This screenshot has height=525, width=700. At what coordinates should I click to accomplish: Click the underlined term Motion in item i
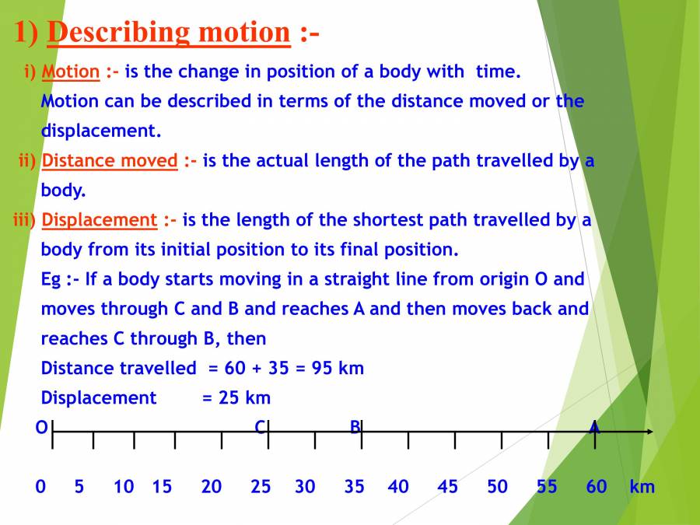[71, 72]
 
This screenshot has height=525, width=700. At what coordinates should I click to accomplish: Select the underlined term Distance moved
[110, 161]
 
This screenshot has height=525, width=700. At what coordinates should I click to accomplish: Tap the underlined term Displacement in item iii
[99, 220]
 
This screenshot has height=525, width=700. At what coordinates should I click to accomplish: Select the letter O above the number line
[41, 427]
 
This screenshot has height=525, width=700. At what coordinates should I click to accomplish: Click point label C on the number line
[261, 427]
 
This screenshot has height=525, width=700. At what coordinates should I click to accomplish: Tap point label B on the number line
[355, 427]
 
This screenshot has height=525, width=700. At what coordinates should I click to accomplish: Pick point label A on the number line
[594, 427]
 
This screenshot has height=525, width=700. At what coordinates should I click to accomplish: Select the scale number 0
[40, 487]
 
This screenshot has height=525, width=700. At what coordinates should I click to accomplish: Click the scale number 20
[211, 487]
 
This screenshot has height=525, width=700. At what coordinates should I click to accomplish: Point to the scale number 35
[354, 487]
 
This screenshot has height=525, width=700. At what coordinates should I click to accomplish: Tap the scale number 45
[447, 487]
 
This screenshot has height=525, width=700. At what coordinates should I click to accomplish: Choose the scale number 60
[596, 487]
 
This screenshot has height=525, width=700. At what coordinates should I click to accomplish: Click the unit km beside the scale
[642, 487]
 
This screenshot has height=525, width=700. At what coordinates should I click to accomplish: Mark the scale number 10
[124, 487]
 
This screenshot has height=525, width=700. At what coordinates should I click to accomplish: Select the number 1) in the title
[27, 33]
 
